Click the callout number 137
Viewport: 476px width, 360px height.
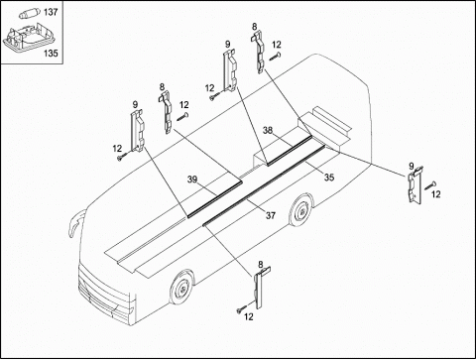coord(51,12)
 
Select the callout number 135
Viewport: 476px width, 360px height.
coord(51,53)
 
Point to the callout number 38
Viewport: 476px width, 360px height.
coord(268,130)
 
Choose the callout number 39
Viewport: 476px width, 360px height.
coord(192,180)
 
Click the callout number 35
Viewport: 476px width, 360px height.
coord(329,178)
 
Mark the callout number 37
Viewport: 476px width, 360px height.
coord(271,215)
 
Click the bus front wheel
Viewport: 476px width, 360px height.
coord(181,289)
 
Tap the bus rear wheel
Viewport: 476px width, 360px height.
coord(301,211)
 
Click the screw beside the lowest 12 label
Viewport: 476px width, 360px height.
coord(241,309)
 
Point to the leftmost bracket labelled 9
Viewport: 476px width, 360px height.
coord(138,131)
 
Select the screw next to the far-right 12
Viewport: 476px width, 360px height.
coord(429,186)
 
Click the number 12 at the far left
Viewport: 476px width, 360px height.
coord(117,149)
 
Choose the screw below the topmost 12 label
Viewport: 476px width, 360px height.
coord(275,57)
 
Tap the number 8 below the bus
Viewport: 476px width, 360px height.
coord(261,265)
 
